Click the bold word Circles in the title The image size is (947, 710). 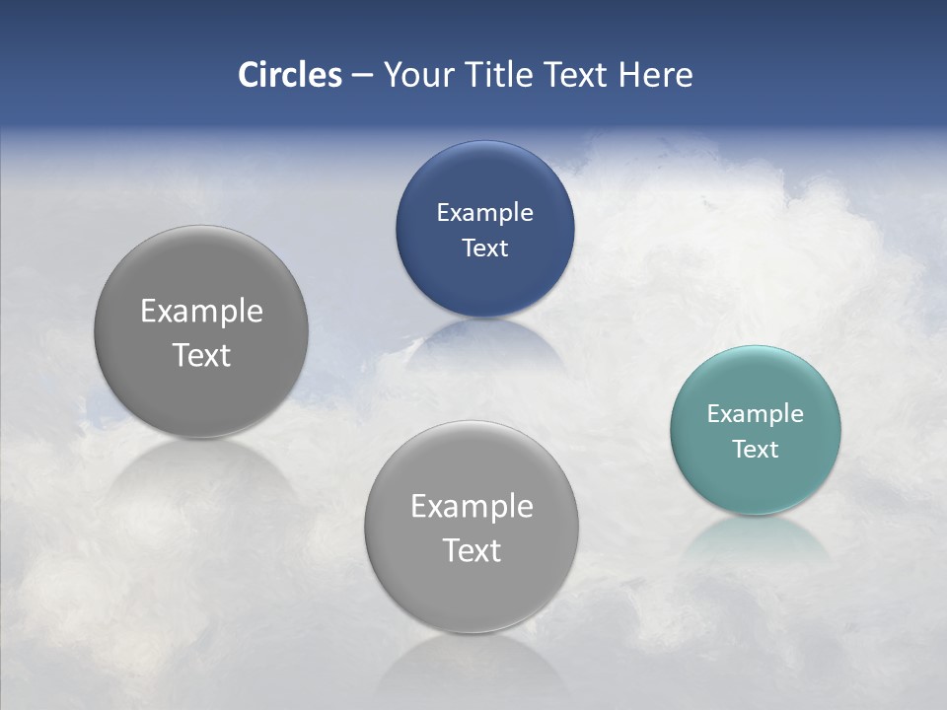click(290, 75)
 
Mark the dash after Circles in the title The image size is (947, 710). click(362, 76)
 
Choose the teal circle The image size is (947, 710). click(755, 483)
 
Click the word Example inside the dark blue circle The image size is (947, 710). click(484, 212)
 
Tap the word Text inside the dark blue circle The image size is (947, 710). click(484, 248)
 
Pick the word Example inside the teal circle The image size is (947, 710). click(755, 413)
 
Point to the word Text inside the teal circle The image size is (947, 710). click(755, 449)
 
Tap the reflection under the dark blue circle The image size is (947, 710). click(484, 340)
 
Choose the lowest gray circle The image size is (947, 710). click(472, 592)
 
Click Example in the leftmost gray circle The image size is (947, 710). click(201, 311)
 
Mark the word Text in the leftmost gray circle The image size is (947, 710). click(201, 355)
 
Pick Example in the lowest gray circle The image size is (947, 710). click(472, 506)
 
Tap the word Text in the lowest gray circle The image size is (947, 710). click(472, 550)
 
